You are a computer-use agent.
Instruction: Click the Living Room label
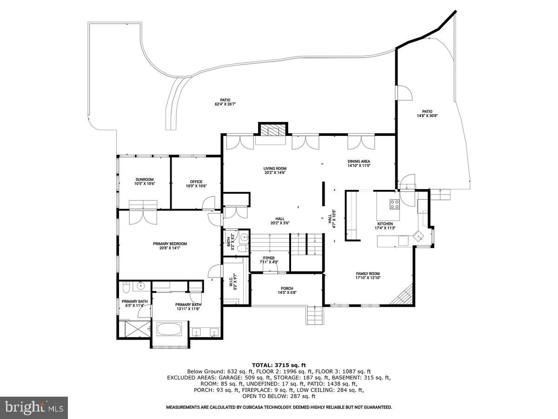coord(275,170)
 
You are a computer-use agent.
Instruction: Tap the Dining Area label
coord(359,163)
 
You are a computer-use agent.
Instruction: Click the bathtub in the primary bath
coord(170,330)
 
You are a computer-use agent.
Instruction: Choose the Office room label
coord(196,184)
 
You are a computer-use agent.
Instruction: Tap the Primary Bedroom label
coord(170,246)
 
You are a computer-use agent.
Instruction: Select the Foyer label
coord(269,260)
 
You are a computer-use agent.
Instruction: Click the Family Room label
coord(368,276)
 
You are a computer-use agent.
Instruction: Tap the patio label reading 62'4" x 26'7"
coord(226,102)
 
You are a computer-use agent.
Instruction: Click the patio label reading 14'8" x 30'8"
coord(427,114)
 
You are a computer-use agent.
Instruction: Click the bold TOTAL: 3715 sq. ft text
coord(279,365)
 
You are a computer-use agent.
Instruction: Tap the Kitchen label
coord(385,226)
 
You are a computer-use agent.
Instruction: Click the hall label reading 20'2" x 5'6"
coord(279,221)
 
